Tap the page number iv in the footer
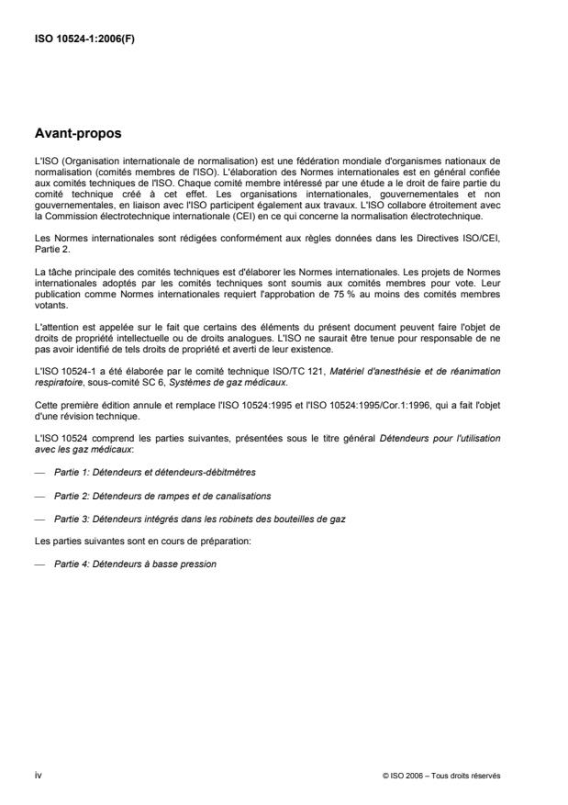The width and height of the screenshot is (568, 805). click(38, 776)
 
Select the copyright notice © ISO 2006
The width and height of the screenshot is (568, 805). click(441, 776)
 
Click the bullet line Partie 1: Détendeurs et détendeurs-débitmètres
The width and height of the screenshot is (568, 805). click(154, 470)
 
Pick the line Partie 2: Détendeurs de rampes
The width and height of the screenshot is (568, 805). click(149, 495)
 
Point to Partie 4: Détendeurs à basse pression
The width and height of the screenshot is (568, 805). click(135, 564)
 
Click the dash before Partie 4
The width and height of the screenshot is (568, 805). click(39, 564)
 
